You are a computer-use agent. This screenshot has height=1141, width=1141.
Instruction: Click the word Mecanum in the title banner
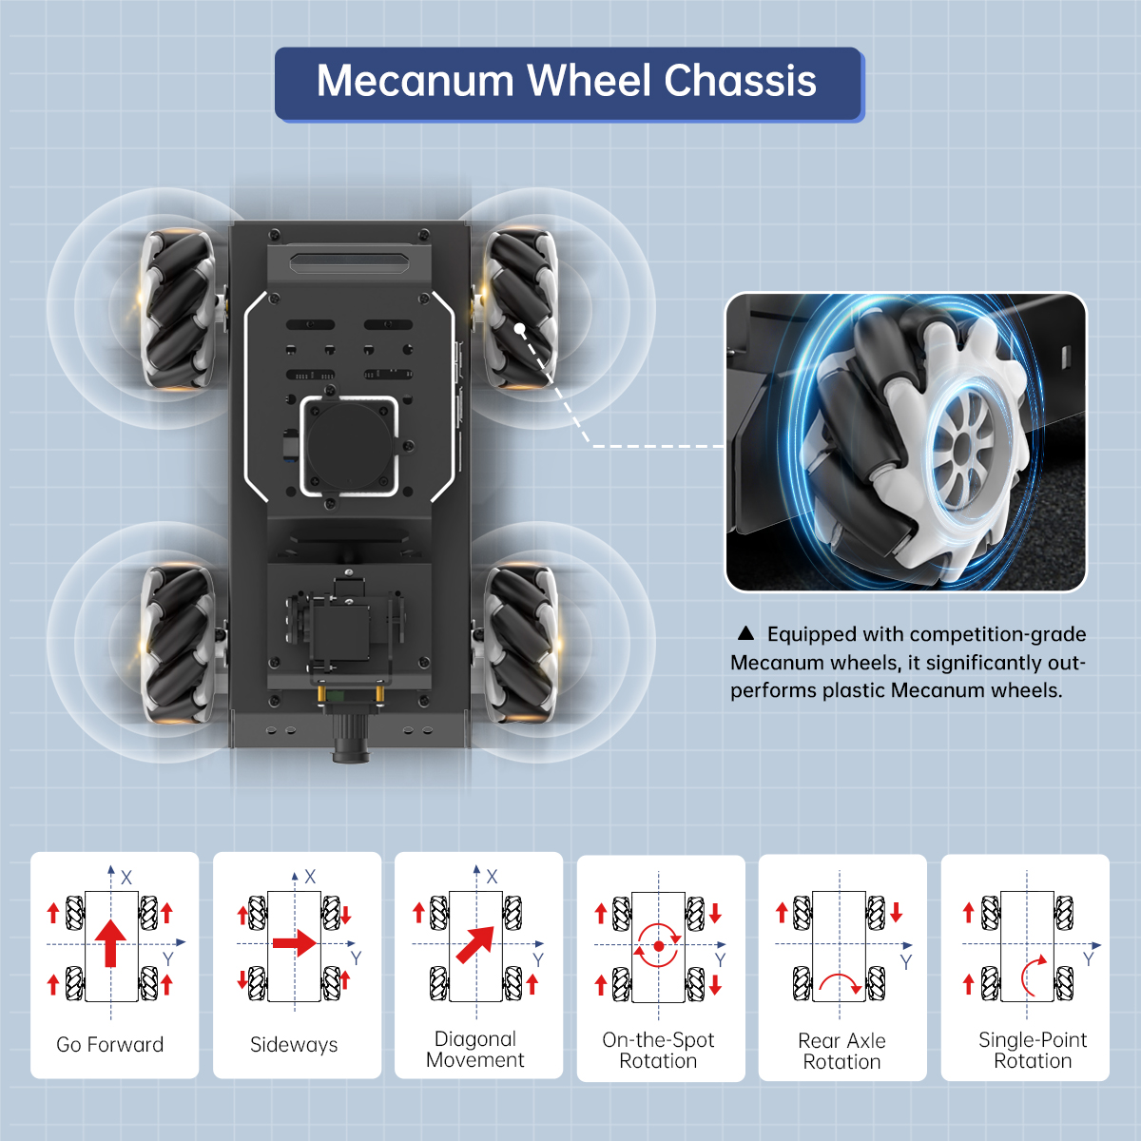(415, 80)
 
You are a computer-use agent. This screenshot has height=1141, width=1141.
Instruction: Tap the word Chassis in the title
(740, 80)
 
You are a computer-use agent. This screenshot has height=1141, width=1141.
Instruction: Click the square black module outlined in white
(349, 445)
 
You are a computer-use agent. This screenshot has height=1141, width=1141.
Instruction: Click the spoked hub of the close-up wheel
(964, 448)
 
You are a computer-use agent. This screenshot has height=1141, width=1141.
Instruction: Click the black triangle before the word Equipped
(745, 633)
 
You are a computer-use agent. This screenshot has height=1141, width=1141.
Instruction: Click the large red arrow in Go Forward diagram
(110, 943)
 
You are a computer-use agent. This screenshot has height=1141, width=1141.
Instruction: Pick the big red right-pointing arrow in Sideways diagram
(295, 943)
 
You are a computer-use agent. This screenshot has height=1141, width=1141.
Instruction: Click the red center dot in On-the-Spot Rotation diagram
(658, 946)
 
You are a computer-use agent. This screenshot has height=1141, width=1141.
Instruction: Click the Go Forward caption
(110, 1045)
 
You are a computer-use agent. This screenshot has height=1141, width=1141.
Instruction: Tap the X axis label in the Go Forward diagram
(126, 878)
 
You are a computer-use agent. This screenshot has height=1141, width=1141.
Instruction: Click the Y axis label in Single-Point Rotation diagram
(1089, 958)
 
